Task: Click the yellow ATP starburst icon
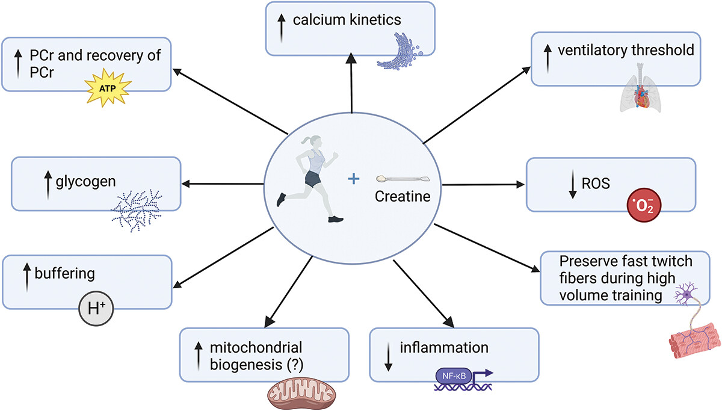108,87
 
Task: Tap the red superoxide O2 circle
644,205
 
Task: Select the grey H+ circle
96,309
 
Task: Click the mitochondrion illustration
301,394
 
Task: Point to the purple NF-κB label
454,376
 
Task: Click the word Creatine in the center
403,196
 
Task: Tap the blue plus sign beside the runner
354,179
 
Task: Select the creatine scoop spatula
403,179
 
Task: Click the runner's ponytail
306,141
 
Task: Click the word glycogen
85,182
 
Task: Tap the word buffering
64,274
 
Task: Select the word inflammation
444,347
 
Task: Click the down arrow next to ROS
572,184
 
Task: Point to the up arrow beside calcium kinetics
282,28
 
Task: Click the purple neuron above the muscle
687,293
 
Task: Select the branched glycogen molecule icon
137,210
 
